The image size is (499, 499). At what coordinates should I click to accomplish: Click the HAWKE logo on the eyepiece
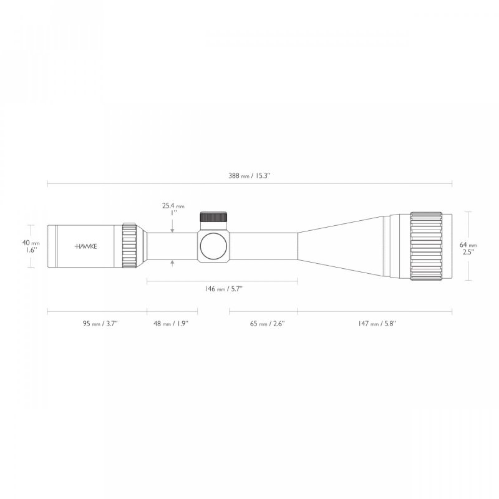(x=86, y=246)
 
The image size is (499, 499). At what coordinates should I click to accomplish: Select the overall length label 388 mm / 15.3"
(x=249, y=177)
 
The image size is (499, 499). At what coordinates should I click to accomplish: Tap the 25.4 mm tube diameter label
(x=173, y=205)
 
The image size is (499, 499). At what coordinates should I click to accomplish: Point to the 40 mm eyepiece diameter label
(x=31, y=242)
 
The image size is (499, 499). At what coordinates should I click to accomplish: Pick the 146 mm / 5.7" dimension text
(x=222, y=289)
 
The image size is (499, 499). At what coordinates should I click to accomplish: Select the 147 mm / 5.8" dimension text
(x=377, y=324)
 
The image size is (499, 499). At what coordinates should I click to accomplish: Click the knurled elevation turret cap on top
(x=213, y=217)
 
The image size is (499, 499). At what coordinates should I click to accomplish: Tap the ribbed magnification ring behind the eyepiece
(x=130, y=246)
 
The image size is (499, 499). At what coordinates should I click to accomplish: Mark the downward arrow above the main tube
(x=173, y=227)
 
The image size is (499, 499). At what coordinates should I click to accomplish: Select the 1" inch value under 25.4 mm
(x=174, y=213)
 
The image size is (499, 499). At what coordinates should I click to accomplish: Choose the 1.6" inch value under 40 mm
(x=31, y=249)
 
